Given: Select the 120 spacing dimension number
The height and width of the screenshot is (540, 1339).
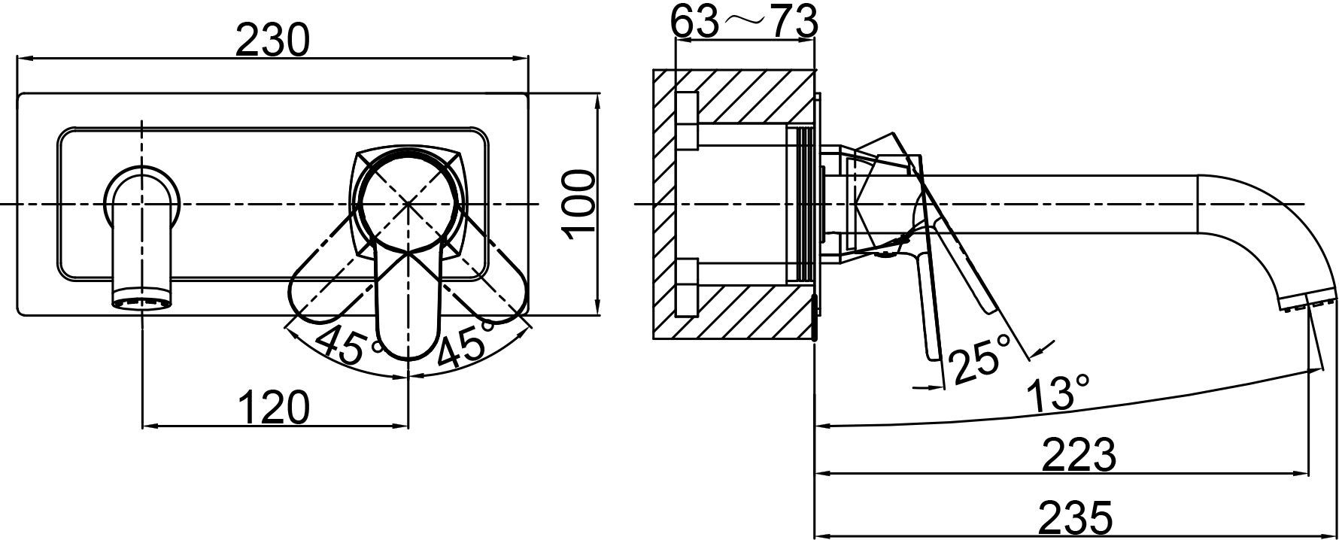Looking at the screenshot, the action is pyautogui.click(x=274, y=408).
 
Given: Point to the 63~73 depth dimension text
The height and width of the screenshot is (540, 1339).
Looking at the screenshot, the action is pyautogui.click(x=744, y=20).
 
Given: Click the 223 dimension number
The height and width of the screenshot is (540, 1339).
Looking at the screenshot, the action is pyautogui.click(x=1079, y=454).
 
